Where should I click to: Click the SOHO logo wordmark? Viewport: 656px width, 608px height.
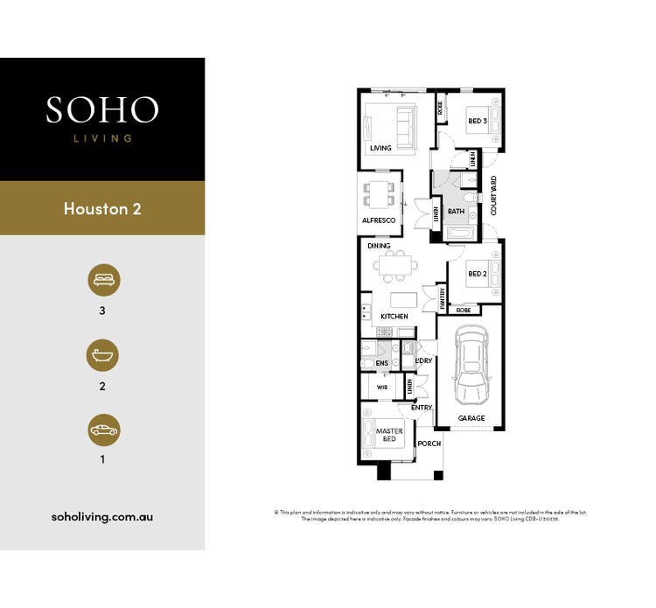click(102, 110)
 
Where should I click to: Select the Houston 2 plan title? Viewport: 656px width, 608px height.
click(102, 209)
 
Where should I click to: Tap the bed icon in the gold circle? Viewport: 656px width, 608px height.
click(103, 280)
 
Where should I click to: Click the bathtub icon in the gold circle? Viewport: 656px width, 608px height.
click(103, 355)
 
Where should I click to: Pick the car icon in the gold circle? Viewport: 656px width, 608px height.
click(103, 430)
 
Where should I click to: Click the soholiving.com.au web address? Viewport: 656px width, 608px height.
click(102, 517)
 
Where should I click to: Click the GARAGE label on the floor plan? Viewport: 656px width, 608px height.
click(471, 418)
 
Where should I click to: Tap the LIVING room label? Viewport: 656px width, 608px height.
click(380, 149)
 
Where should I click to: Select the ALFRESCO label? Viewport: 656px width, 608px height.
click(379, 220)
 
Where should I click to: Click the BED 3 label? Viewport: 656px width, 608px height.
click(477, 121)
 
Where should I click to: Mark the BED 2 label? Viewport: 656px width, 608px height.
click(477, 274)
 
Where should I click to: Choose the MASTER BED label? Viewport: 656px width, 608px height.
click(388, 435)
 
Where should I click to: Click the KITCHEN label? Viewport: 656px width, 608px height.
click(394, 316)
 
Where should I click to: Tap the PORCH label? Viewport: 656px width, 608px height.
click(429, 444)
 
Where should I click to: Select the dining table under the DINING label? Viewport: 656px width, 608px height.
click(397, 263)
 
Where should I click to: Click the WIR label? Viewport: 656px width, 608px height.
click(382, 386)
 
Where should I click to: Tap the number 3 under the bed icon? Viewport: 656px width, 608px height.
click(102, 310)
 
